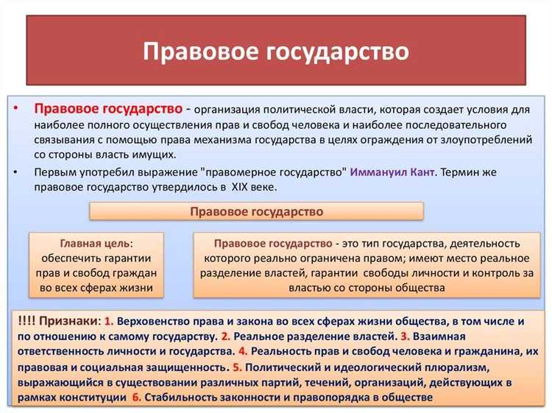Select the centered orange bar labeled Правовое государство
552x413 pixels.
tap(256, 211)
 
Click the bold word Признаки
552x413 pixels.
tap(71, 322)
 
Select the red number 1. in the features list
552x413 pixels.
tap(108, 322)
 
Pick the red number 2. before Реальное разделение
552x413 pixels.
tap(226, 336)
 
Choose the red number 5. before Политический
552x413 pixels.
tap(237, 367)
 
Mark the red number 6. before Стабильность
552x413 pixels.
tap(136, 397)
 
